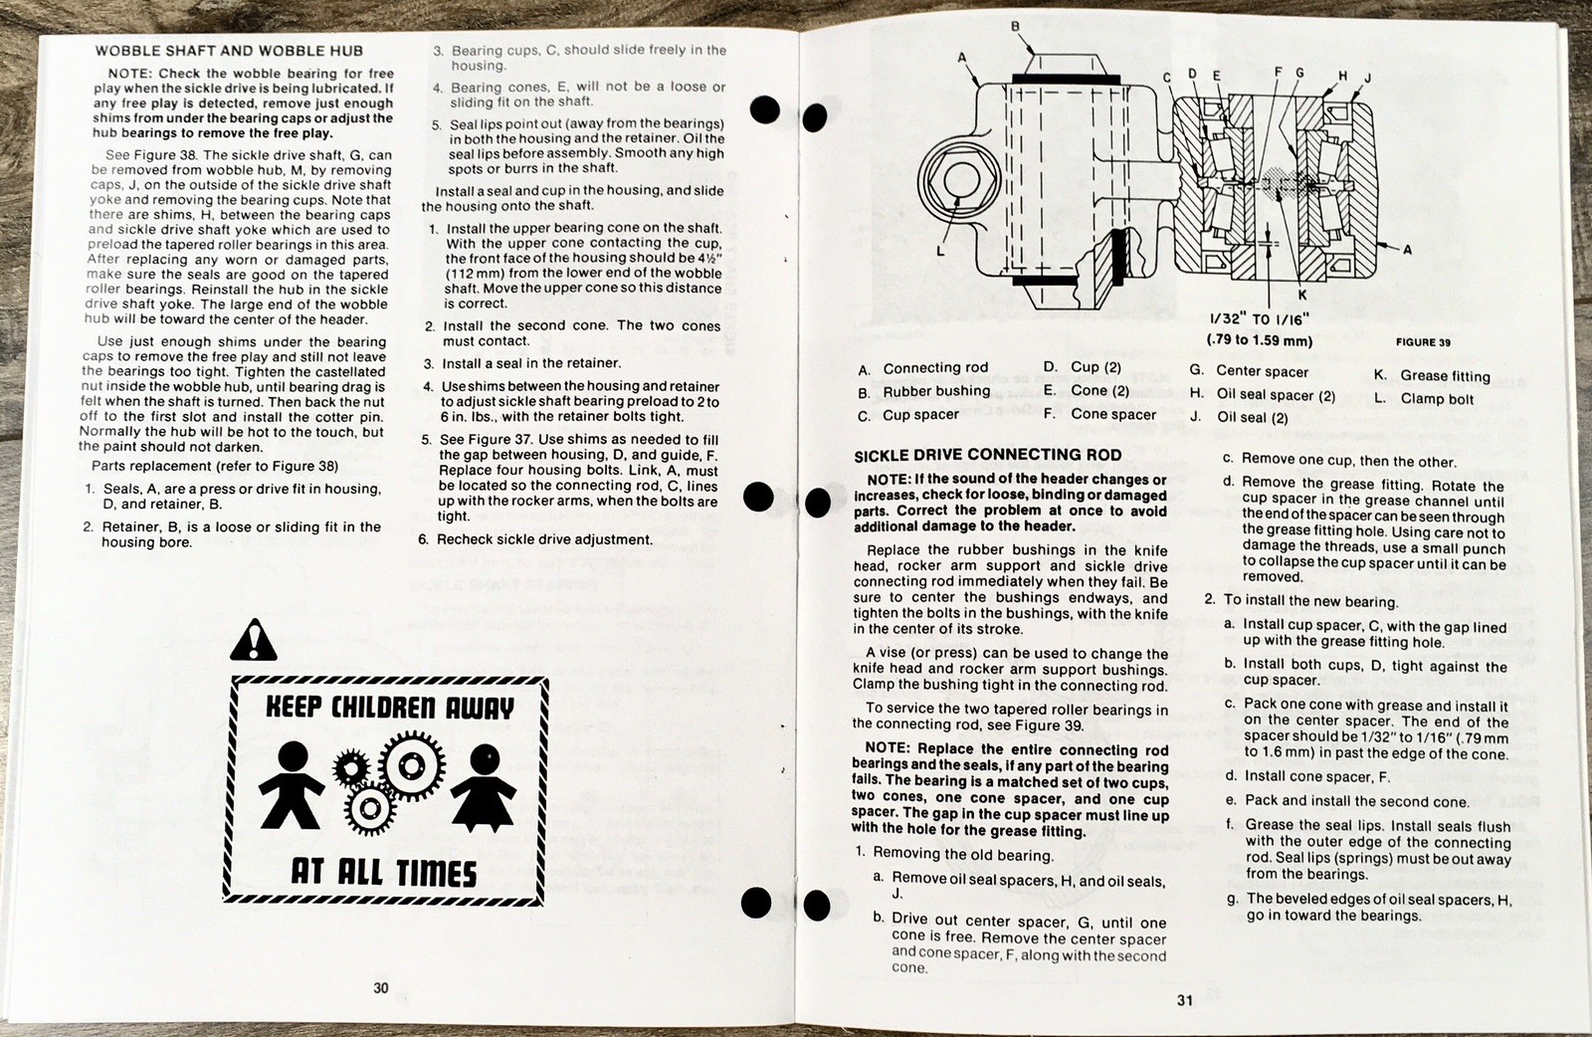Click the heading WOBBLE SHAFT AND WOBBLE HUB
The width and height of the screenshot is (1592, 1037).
229,51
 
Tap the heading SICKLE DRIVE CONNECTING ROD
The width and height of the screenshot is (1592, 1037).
988,455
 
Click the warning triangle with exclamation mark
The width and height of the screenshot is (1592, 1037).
253,640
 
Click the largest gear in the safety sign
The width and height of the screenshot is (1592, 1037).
412,764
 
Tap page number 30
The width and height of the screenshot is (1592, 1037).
381,988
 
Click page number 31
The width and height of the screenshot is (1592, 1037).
1185,1001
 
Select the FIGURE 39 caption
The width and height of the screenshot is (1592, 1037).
1424,342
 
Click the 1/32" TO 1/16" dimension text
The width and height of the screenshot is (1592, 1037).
1260,319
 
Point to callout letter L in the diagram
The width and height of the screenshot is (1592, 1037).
940,251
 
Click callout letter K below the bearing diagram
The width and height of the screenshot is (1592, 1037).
1302,295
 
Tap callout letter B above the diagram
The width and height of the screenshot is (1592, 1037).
1016,26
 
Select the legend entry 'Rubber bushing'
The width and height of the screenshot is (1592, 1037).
924,392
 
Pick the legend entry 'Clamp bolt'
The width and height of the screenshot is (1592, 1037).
1424,399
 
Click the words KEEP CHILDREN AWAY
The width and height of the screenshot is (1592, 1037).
389,708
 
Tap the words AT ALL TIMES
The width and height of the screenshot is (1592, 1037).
384,872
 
